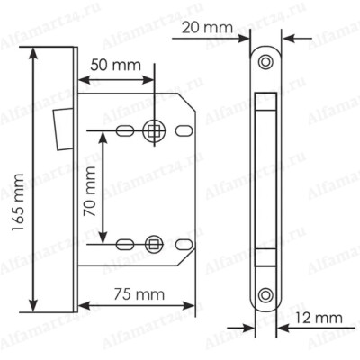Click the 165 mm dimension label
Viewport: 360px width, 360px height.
click(17, 202)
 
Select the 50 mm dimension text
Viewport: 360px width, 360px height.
click(116, 65)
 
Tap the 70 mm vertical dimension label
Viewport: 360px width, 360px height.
click(90, 192)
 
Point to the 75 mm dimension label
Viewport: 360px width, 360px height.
click(139, 294)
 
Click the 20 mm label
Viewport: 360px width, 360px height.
click(208, 28)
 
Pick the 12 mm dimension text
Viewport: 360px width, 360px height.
click(319, 318)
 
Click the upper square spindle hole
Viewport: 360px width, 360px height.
click(154, 130)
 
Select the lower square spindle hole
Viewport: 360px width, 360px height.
click(154, 244)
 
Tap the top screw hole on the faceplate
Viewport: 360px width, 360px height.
click(265, 62)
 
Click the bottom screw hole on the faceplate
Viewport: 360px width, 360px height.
click(265, 295)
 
